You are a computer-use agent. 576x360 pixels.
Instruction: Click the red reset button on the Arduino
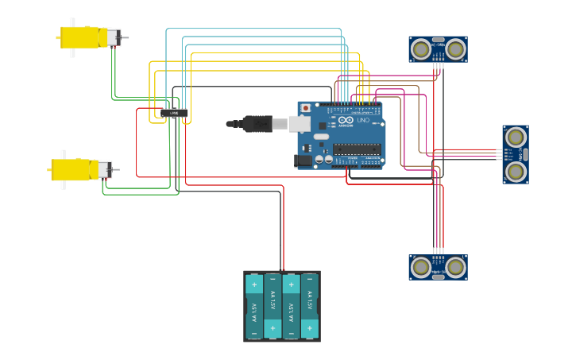[305, 108]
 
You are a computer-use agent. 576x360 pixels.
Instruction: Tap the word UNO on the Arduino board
[363, 120]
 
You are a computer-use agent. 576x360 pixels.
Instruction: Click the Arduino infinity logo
[346, 120]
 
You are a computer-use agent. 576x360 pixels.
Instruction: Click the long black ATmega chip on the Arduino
[357, 148]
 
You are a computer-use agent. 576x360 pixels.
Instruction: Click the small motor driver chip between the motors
[174, 113]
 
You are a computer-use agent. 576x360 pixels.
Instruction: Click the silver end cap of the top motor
[114, 37]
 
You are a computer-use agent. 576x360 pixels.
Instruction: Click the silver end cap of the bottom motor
[104, 169]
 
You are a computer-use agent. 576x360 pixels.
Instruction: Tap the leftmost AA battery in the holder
[254, 306]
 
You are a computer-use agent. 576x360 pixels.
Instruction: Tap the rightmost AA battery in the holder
[310, 306]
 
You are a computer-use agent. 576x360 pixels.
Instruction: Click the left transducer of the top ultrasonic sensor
[421, 49]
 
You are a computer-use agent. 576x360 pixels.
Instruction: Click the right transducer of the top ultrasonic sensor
[455, 49]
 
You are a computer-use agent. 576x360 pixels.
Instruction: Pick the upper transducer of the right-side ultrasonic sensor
[516, 137]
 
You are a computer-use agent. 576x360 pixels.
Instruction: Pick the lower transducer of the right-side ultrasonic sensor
[516, 171]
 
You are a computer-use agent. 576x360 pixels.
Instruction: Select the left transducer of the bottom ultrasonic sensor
[421, 267]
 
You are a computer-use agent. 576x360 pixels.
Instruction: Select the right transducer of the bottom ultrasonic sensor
[455, 267]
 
